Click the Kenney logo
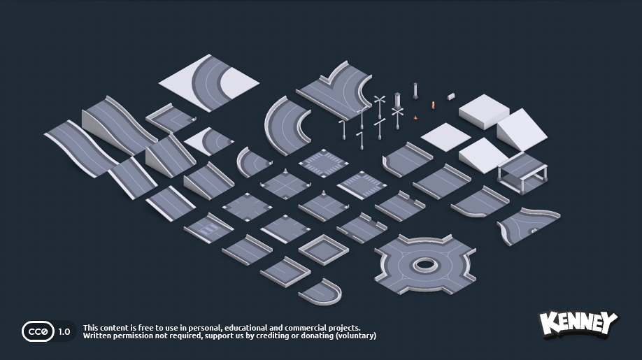[578, 324]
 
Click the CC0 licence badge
[38, 331]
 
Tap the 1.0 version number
[64, 332]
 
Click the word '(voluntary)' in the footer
[356, 336]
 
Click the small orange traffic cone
[416, 117]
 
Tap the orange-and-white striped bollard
[433, 105]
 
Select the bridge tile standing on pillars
[522, 171]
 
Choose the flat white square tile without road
[445, 136]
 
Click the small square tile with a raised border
[323, 248]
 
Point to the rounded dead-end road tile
[322, 291]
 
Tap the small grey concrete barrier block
[451, 96]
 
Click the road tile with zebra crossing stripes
[208, 229]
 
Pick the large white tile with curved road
[208, 82]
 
